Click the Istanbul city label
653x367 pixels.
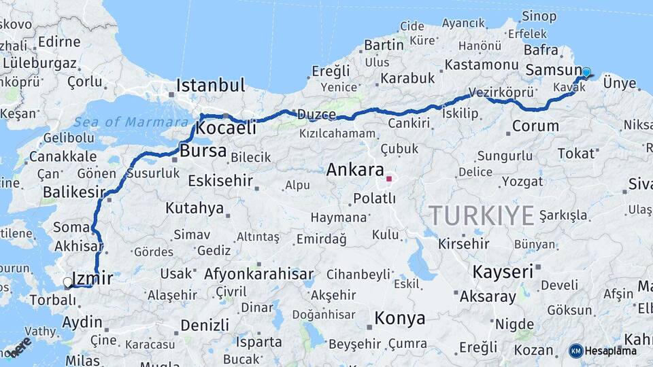coord(210,86)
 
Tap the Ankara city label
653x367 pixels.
coord(355,169)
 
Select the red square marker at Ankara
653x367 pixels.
coord(389,179)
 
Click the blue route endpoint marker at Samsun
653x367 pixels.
coord(586,72)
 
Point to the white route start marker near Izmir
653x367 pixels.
coord(67,281)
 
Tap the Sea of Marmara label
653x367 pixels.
coord(131,122)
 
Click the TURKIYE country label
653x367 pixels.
coord(481,215)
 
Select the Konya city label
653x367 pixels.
coord(400,318)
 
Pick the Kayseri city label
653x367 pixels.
coord(503,272)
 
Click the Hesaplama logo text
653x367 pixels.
coord(611,351)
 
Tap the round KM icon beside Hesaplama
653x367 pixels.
coord(576,351)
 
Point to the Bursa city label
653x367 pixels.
coord(203,151)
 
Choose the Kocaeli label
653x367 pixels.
coord(226,128)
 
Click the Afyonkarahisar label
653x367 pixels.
coord(254,275)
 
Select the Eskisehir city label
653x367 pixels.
coord(220,181)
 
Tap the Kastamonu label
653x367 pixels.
coord(482,65)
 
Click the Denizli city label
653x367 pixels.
coord(205,325)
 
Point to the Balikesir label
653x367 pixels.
coord(73,192)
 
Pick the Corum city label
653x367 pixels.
coord(535,126)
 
